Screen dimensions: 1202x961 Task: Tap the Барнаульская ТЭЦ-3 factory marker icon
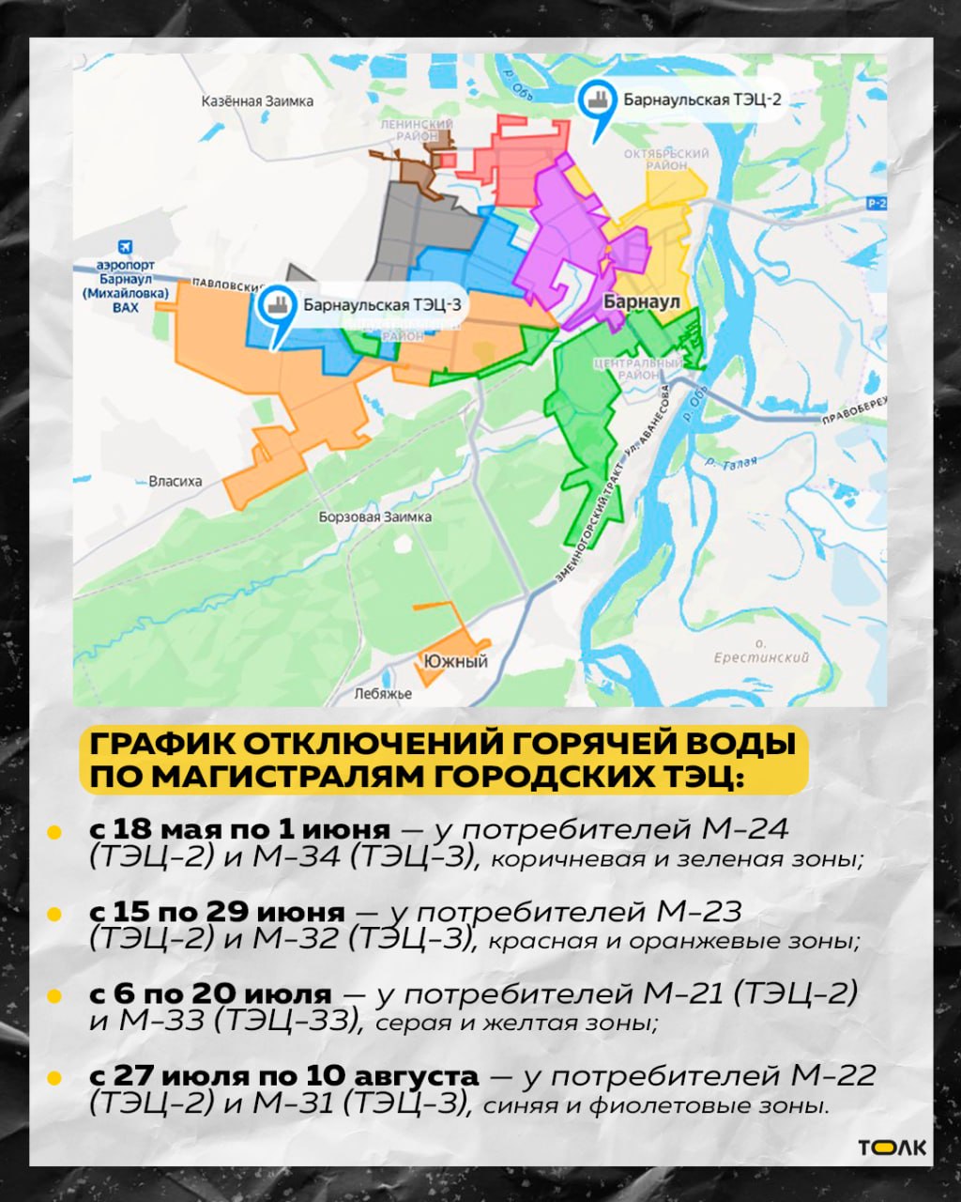click(x=275, y=304)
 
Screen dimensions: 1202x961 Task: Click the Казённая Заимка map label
click(x=258, y=101)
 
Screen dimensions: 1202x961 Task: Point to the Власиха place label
click(x=175, y=482)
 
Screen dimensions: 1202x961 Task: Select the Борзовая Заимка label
click(x=374, y=517)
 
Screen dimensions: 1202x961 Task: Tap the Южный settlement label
click(x=455, y=661)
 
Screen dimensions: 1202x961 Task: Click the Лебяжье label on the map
click(x=383, y=694)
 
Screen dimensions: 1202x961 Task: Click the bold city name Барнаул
click(x=641, y=302)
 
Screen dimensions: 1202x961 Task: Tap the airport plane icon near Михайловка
click(x=126, y=249)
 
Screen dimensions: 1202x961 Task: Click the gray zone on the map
click(x=418, y=225)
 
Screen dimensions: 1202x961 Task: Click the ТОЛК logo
click(x=892, y=1148)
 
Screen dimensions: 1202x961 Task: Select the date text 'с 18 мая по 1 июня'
click(x=239, y=830)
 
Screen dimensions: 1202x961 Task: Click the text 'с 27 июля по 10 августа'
click(x=284, y=1076)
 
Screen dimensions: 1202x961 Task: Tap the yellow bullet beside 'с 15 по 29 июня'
click(x=54, y=914)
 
